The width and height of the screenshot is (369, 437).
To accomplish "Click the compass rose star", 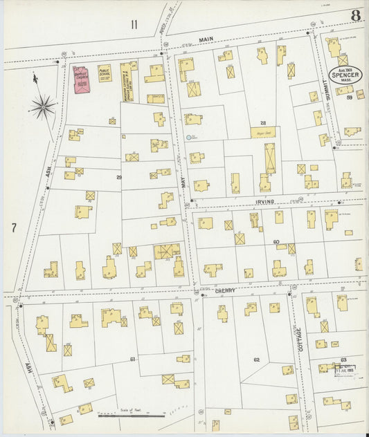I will [43, 106].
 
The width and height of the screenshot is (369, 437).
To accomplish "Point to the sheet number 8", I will [355, 15].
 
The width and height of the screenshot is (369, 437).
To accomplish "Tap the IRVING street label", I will [265, 201].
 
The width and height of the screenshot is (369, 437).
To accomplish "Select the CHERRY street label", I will [225, 291].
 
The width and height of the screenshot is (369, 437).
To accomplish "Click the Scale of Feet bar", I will [132, 416].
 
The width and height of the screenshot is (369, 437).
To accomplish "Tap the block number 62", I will [256, 360].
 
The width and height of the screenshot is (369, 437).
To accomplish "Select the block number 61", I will [132, 360].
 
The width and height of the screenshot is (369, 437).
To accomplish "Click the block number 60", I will [276, 242].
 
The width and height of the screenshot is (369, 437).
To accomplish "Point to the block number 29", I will [118, 178].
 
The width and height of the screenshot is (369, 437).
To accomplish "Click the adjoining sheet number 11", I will [134, 25].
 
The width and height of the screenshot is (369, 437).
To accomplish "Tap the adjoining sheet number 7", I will [13, 226].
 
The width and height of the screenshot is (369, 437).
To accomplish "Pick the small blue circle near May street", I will [188, 138].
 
